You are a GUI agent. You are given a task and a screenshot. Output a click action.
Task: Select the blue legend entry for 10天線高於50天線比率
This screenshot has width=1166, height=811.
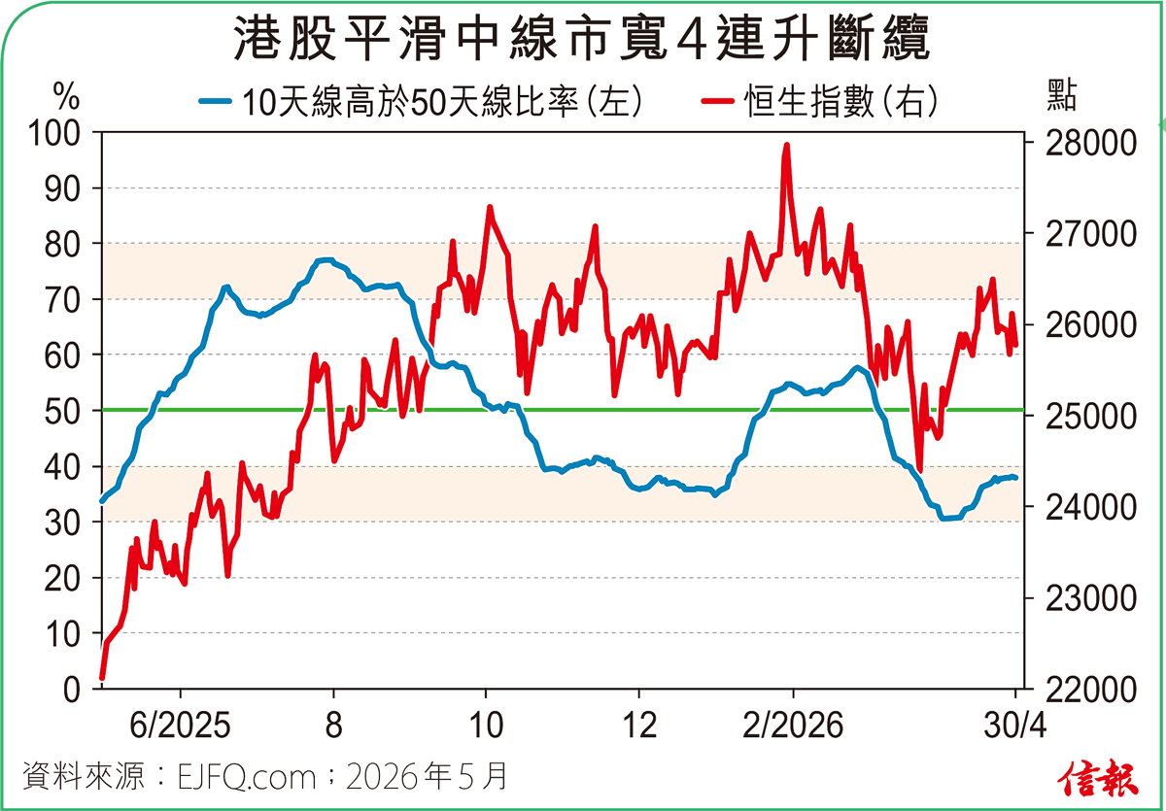(x=418, y=101)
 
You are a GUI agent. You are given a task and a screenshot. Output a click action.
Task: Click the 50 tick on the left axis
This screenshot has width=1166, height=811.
(x=68, y=411)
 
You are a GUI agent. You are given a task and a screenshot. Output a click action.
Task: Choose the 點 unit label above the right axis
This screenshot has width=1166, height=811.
(x=1062, y=95)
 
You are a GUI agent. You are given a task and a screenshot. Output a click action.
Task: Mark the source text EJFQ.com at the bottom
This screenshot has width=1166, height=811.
(x=248, y=777)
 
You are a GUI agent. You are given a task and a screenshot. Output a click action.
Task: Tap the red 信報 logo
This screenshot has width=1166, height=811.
(x=1099, y=776)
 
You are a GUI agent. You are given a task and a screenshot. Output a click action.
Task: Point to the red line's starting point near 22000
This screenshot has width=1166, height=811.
(x=102, y=678)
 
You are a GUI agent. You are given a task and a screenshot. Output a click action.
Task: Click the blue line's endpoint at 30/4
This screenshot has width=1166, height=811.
(x=1015, y=478)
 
